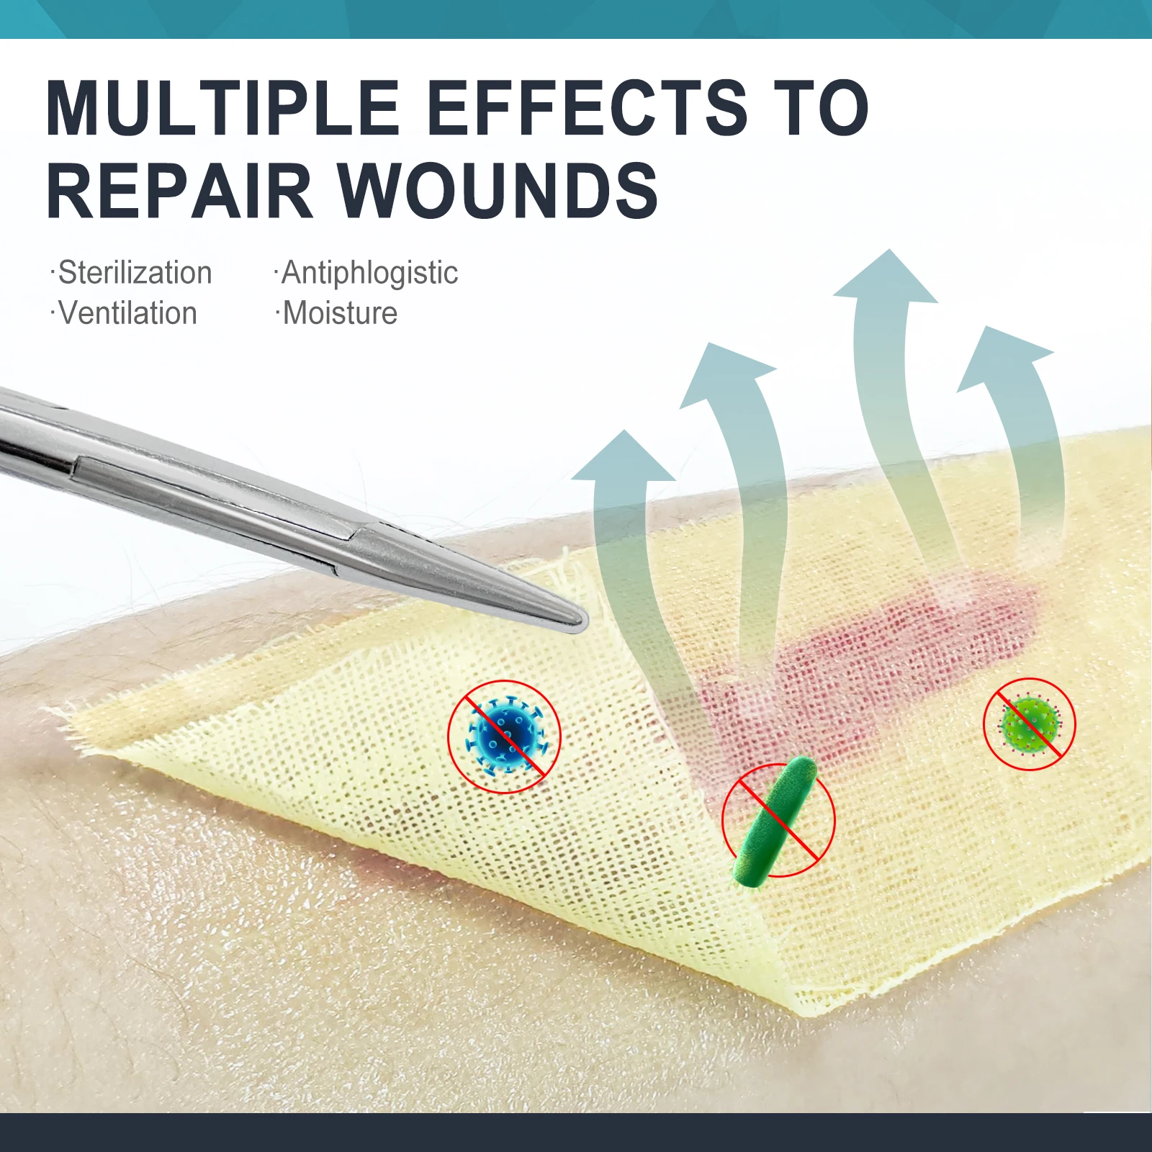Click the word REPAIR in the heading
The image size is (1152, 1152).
(x=179, y=192)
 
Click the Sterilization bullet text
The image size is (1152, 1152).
(x=135, y=273)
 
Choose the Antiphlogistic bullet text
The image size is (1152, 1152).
(x=369, y=273)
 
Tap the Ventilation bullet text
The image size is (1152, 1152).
(x=127, y=313)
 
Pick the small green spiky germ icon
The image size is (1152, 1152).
(x=1030, y=724)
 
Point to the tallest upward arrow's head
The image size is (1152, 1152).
(x=888, y=277)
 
